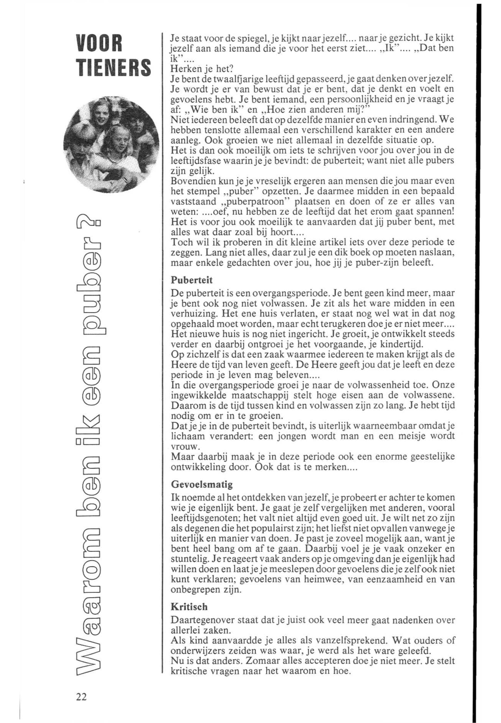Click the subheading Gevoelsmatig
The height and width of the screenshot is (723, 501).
[x=201, y=485]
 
